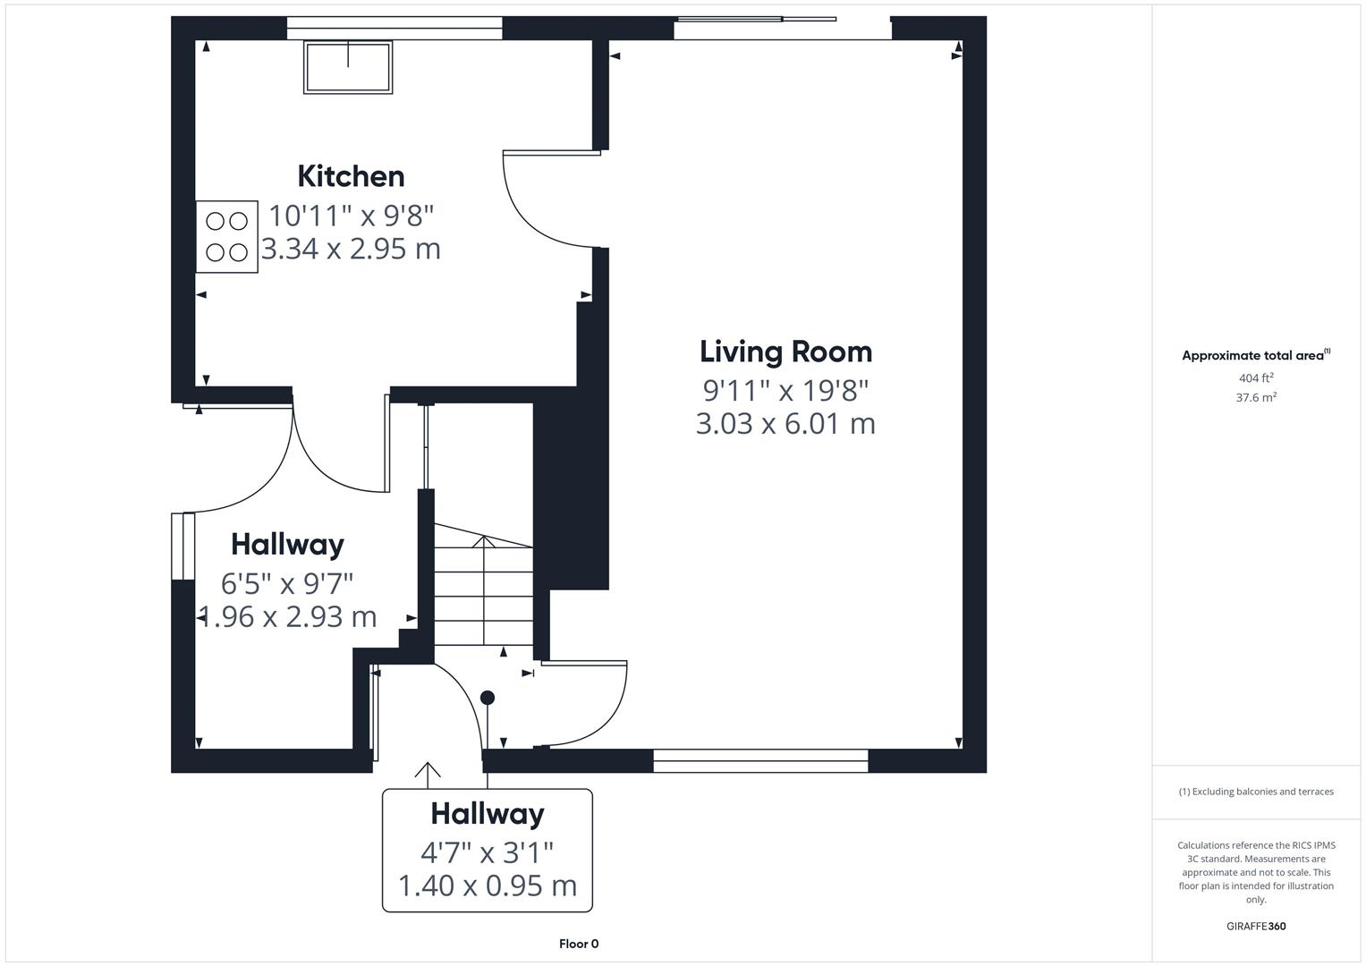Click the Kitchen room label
[351, 176]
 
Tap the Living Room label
[785, 352]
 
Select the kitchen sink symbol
[348, 67]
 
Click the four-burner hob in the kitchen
[227, 237]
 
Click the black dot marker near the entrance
[488, 698]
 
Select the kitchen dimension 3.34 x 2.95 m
[351, 249]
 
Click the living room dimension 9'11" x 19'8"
[785, 391]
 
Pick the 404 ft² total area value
[1256, 378]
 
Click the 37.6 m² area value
[1256, 398]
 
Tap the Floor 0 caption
[579, 944]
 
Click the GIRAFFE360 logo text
[1256, 926]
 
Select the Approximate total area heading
[1254, 355]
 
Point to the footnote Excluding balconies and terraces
[1256, 792]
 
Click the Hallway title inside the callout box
[488, 814]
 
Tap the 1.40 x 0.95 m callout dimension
[488, 885]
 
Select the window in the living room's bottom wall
[760, 761]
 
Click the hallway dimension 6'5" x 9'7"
[287, 584]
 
